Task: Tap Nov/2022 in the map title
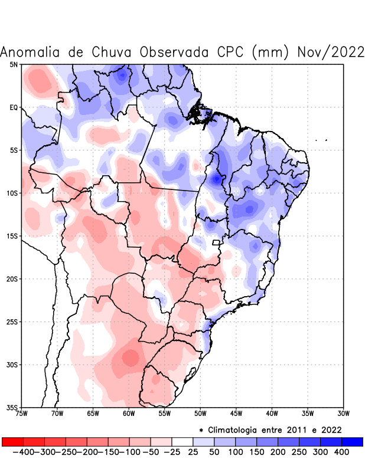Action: coord(330,52)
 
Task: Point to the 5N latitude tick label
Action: coord(14,64)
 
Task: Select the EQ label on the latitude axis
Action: coord(14,107)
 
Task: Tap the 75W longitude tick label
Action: coord(22,414)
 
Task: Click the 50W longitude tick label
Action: coord(200,414)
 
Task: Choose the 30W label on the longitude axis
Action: coord(343,414)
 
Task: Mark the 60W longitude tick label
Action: coord(129,414)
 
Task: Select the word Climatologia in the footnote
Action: coord(234,430)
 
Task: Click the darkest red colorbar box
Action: coord(12,441)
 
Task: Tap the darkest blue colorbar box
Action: coord(352,441)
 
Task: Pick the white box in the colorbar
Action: coord(182,441)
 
